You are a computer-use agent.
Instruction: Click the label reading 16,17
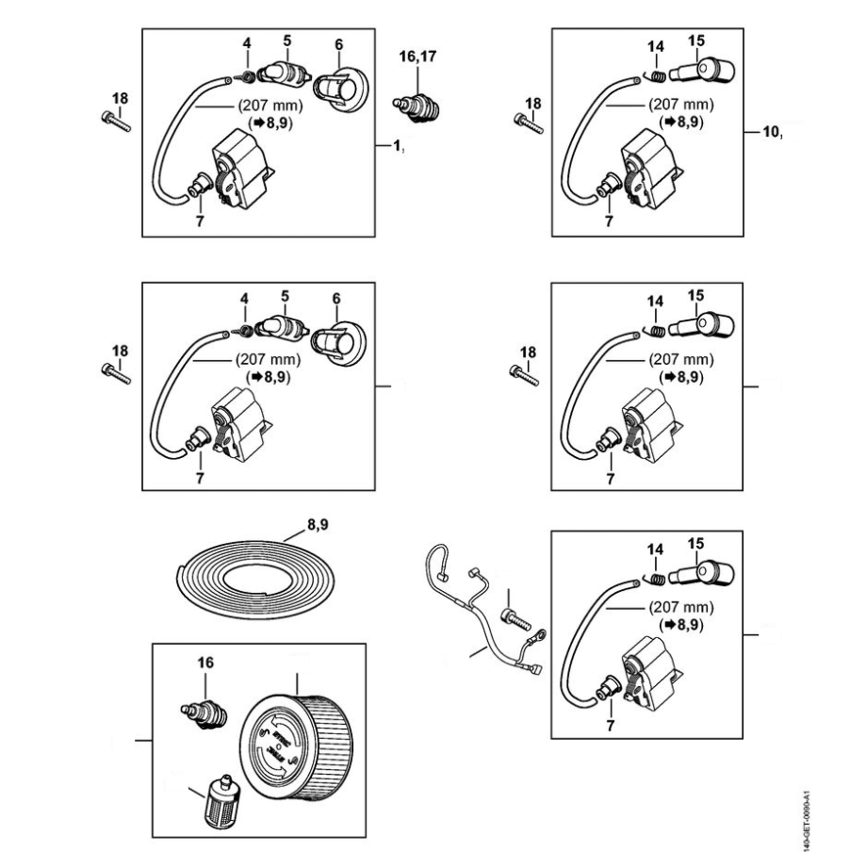[414, 57]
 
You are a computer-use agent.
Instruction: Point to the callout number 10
[771, 132]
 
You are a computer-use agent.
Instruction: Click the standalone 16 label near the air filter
[205, 664]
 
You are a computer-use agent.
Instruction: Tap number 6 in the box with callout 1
[337, 44]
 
